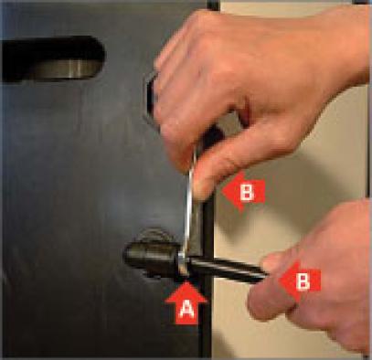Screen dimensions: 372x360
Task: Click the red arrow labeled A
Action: (186, 303)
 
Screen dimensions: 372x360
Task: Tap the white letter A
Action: (186, 310)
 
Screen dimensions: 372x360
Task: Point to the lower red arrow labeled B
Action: (299, 281)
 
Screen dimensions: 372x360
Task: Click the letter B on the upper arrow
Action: (247, 192)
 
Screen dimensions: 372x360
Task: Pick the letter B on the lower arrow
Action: (303, 281)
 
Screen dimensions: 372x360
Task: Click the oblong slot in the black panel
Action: (53, 59)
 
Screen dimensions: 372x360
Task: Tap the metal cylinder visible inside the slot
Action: (66, 68)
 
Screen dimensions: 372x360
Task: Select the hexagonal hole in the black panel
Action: (152, 100)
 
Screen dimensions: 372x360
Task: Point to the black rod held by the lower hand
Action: (226, 268)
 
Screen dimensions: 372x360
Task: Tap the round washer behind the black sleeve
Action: (153, 236)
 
